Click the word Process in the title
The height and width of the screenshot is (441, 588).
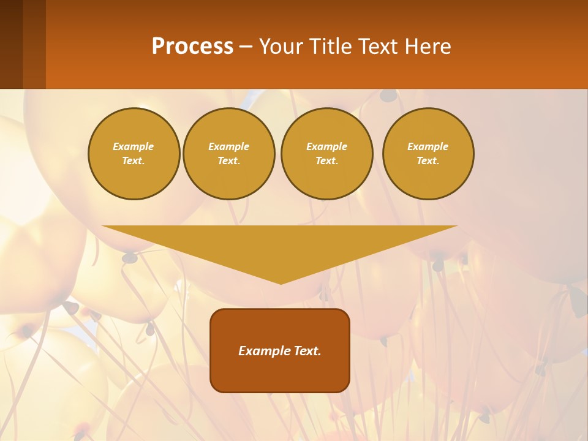pos(192,47)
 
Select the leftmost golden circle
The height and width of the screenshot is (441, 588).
pos(134,178)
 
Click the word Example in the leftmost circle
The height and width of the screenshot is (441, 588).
pos(134,146)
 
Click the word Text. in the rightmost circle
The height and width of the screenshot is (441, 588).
pos(428,161)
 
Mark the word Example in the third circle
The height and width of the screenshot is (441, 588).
pos(326,146)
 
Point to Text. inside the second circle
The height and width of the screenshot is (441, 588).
pos(228,161)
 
